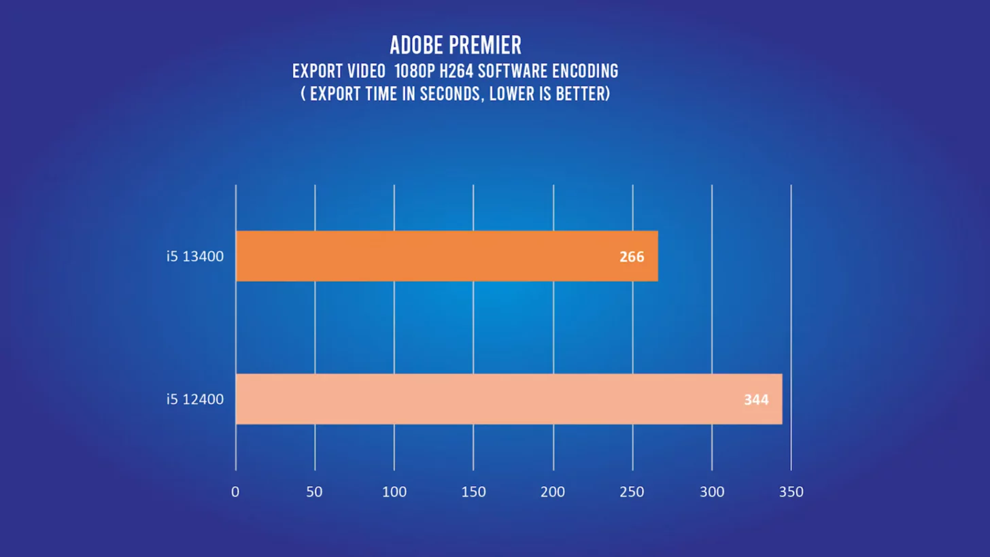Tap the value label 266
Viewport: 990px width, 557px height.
click(x=631, y=257)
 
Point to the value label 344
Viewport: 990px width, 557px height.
click(x=756, y=400)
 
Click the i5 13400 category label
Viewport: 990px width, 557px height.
click(x=195, y=256)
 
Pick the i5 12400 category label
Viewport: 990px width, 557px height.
click(x=195, y=399)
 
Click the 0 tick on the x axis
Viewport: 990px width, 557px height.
click(x=235, y=492)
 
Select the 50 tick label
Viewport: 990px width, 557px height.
click(x=314, y=492)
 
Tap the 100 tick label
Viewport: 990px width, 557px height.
click(x=394, y=492)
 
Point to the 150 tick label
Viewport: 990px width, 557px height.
click(x=473, y=492)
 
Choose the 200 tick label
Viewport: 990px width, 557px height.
click(x=553, y=492)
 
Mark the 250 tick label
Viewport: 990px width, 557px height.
click(x=632, y=492)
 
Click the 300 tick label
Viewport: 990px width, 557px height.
click(x=712, y=492)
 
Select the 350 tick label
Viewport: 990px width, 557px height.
click(x=791, y=492)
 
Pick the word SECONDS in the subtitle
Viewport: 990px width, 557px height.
click(x=445, y=94)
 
